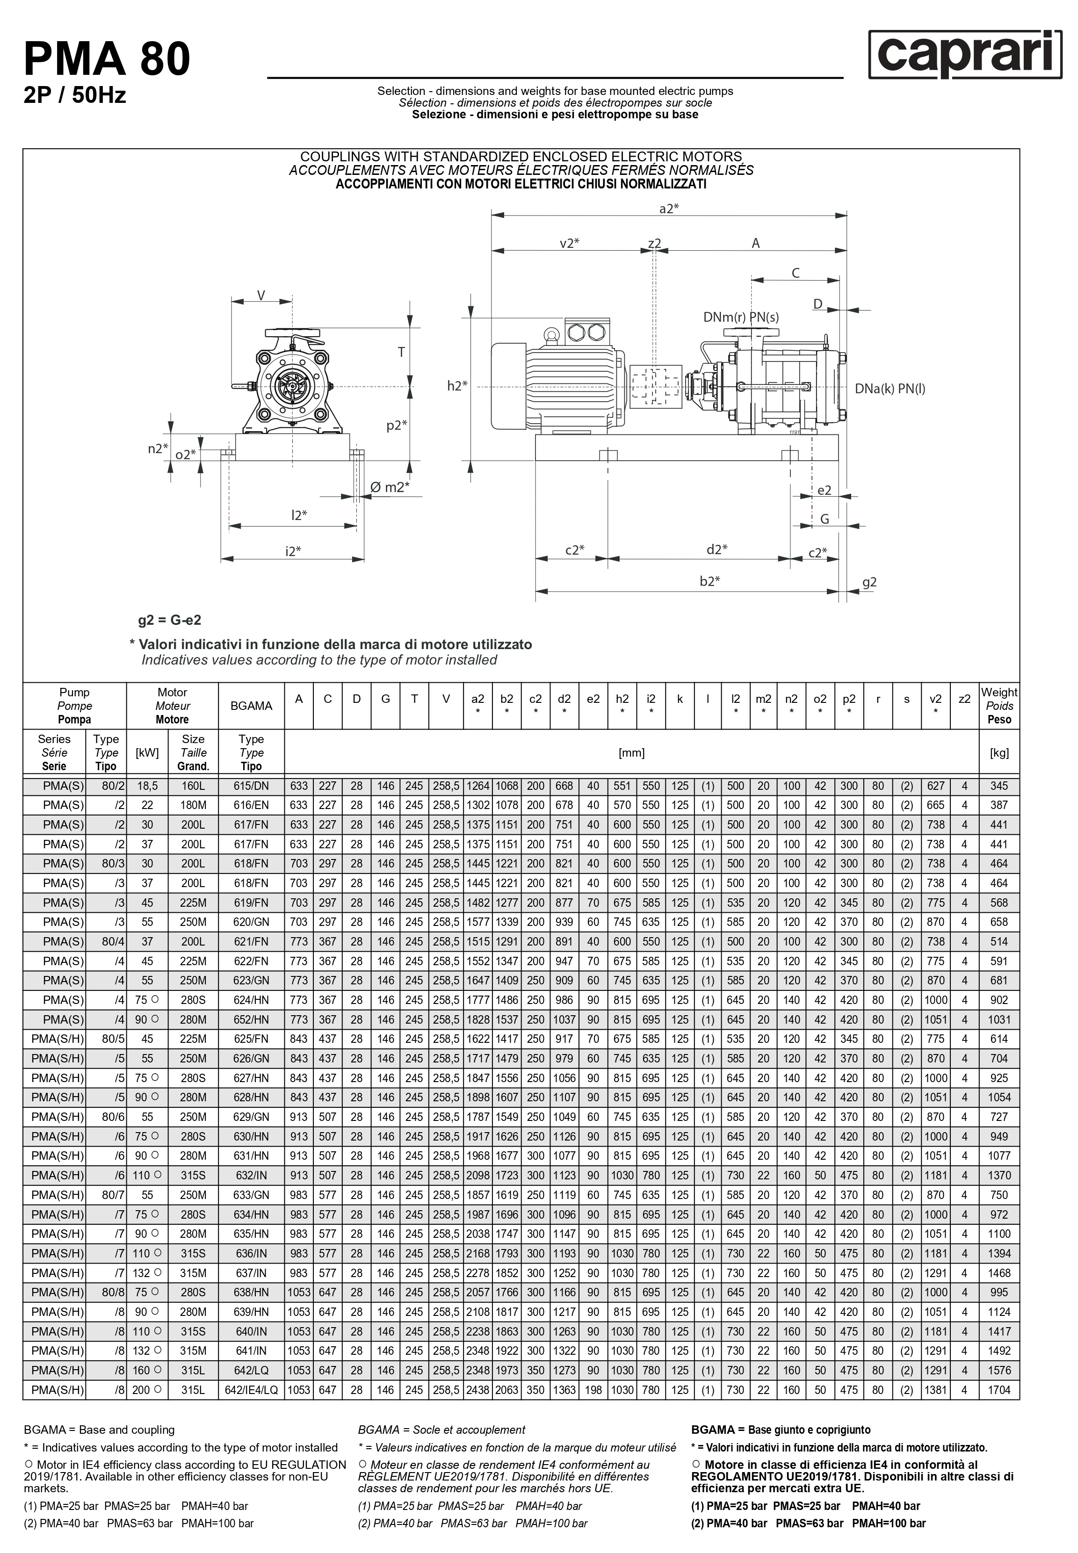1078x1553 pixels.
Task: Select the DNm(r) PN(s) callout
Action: [x=740, y=318]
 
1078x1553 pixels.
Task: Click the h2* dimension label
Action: [x=457, y=385]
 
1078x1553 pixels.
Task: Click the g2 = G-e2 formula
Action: [x=170, y=620]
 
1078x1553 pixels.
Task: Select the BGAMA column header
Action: [x=251, y=706]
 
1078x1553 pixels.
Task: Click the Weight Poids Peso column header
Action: [x=999, y=706]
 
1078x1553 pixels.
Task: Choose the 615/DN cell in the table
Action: [x=251, y=786]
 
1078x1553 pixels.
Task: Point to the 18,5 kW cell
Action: [x=147, y=786]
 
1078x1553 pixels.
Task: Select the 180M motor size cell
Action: [x=193, y=806]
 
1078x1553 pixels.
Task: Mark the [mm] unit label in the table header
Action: [x=631, y=753]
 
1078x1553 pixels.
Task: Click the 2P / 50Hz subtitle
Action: [x=74, y=96]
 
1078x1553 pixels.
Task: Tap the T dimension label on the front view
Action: [x=401, y=352]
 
